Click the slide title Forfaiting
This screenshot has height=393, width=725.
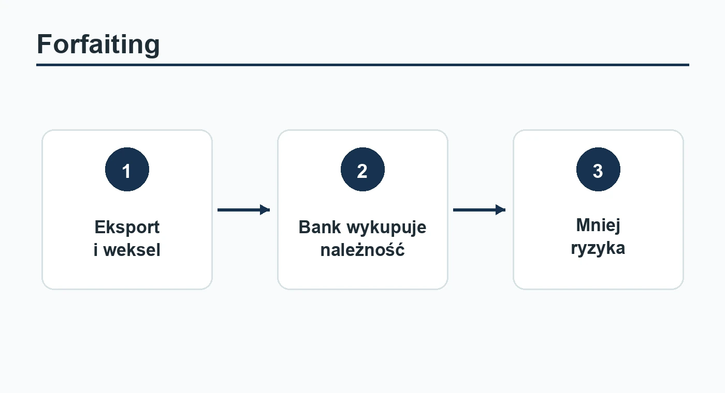coord(98,44)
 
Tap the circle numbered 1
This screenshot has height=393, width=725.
coord(127,170)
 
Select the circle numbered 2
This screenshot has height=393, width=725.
coord(363,170)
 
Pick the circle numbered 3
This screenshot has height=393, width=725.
coord(599,170)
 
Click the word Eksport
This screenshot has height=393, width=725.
coord(127,227)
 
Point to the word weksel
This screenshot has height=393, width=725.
coord(132,250)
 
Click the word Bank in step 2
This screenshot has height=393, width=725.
coord(320,227)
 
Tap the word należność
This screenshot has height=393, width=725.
coord(363,249)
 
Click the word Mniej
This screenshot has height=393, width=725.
coord(598,226)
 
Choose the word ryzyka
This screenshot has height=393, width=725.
coord(598,249)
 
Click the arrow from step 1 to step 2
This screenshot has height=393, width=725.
coord(244,210)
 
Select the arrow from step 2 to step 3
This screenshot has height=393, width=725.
coord(480,210)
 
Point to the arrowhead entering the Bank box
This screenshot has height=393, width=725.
coord(265,210)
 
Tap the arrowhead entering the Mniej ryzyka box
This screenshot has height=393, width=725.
coord(501,210)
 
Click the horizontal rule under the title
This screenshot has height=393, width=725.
coord(363,65)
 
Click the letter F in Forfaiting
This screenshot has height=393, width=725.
coord(45,44)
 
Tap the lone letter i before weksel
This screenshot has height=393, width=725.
coord(96,250)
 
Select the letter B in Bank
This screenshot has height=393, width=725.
coord(305,227)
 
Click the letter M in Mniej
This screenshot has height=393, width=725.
coord(584,225)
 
